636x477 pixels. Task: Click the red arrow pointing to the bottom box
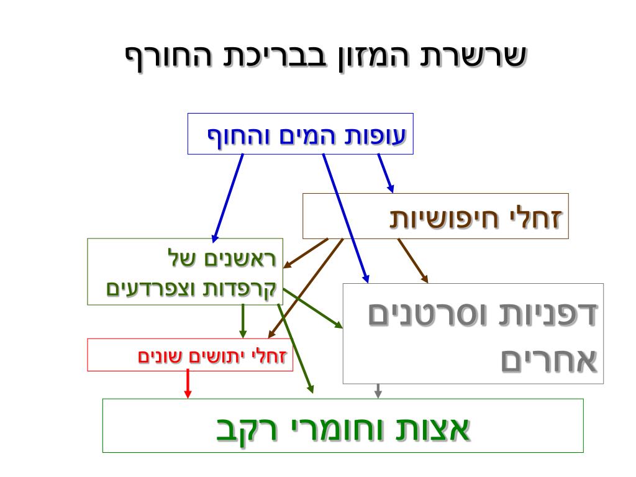pyautogui.click(x=188, y=384)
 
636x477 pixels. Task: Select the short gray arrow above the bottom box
pyautogui.click(x=378, y=391)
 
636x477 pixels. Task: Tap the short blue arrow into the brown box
pyautogui.click(x=386, y=173)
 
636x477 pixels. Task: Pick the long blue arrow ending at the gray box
pyautogui.click(x=345, y=217)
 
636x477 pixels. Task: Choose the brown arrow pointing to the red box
pyautogui.click(x=304, y=289)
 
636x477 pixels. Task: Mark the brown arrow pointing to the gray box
pyautogui.click(x=412, y=260)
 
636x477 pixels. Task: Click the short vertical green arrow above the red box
pyautogui.click(x=243, y=320)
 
